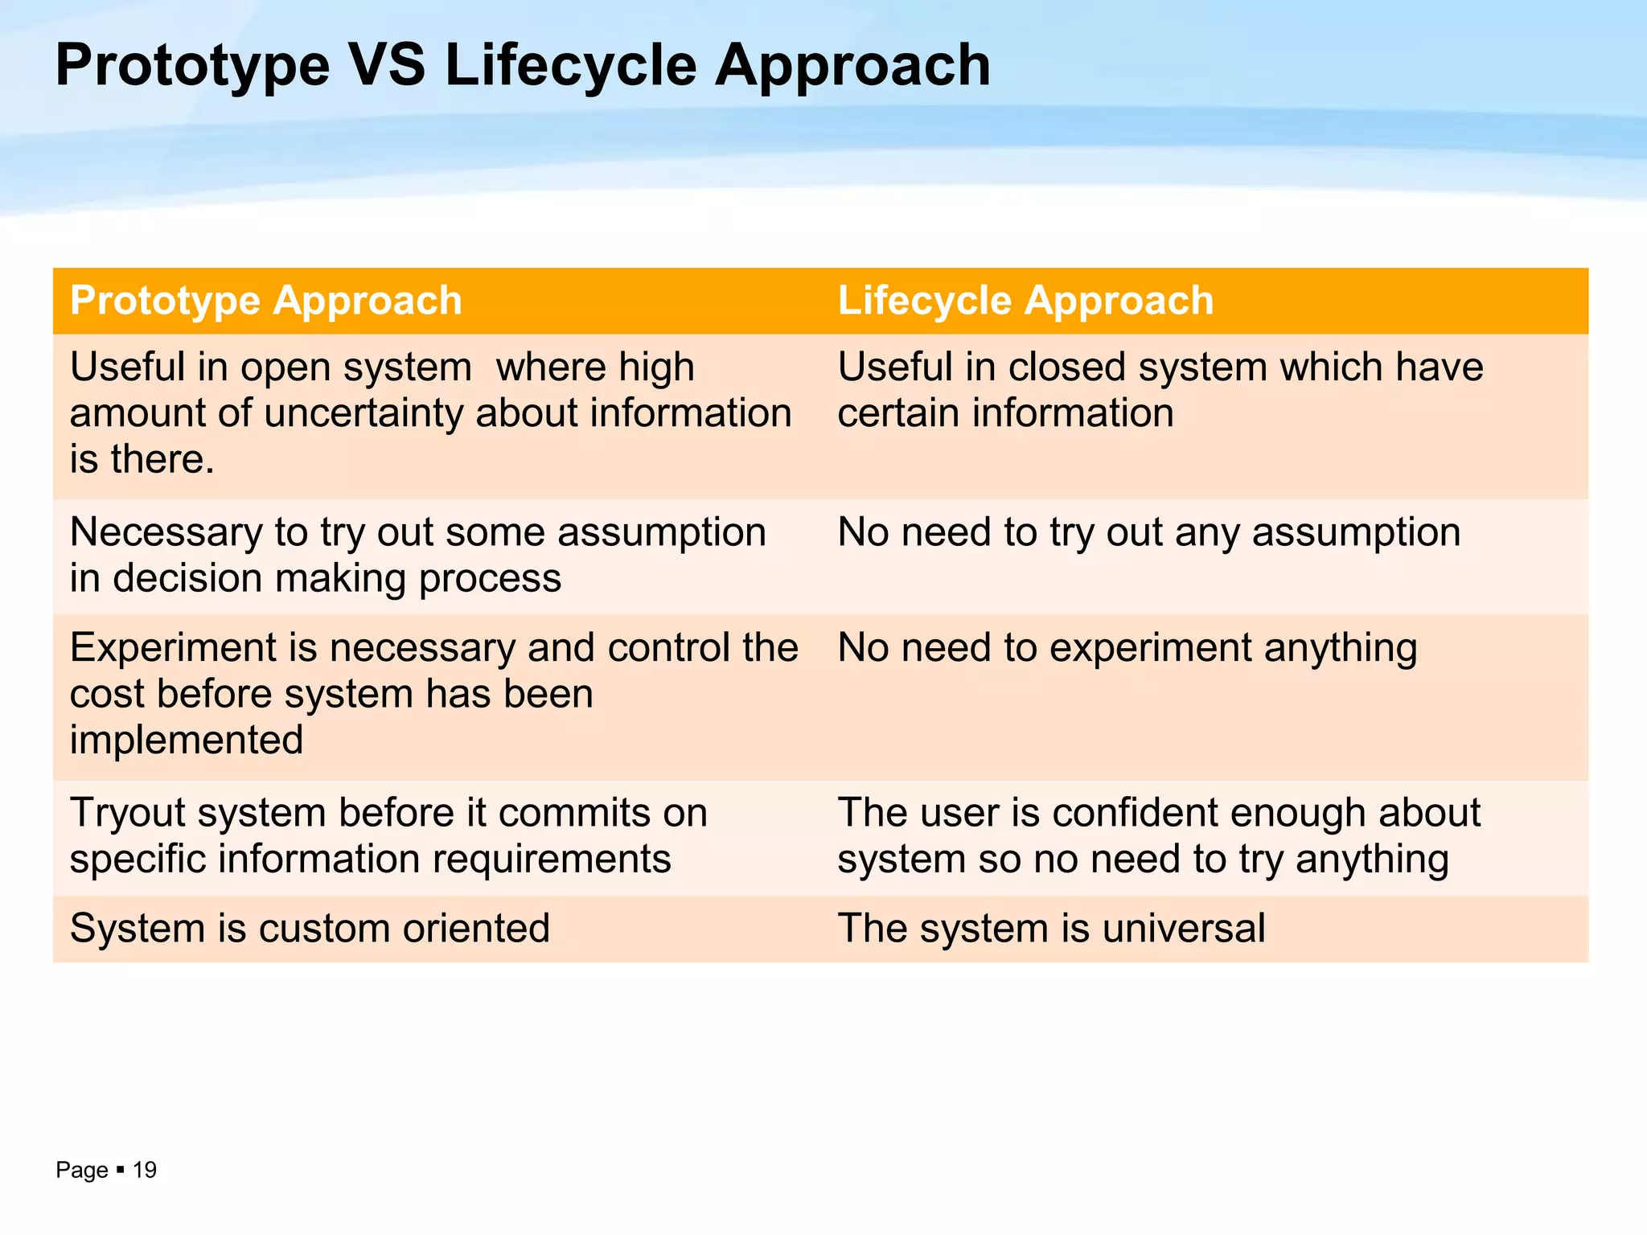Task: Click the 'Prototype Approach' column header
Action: (266, 301)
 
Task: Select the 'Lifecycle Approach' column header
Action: (1025, 301)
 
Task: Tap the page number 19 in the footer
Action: (145, 1170)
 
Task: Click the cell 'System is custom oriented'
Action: (310, 928)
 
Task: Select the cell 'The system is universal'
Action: (1051, 928)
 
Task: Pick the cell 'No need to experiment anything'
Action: (1127, 648)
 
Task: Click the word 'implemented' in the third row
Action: (187, 740)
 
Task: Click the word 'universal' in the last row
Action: (1184, 928)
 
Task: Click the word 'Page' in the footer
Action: (81, 1170)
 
